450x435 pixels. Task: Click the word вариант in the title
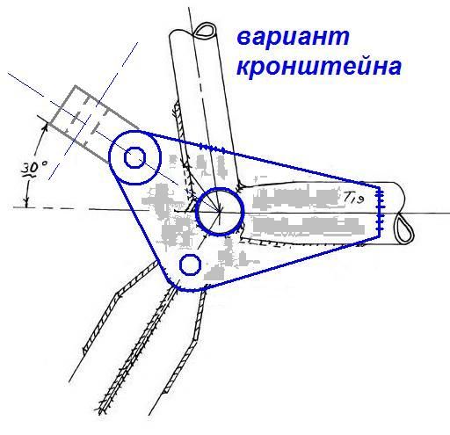coord(293,38)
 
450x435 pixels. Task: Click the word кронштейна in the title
coord(319,67)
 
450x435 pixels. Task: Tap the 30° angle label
coord(35,169)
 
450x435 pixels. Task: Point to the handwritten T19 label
coord(353,199)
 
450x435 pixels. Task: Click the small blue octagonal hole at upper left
coord(134,157)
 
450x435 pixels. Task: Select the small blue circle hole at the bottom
coord(190,265)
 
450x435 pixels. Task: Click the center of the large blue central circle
coord(220,211)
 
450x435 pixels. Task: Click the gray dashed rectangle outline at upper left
coord(76,86)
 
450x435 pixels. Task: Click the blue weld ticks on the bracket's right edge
coord(381,210)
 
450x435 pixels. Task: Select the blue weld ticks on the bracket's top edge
coord(213,148)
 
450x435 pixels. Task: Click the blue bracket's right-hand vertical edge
coord(380,211)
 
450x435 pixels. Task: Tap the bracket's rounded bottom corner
coord(178,288)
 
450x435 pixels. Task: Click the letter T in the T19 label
coord(347,198)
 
